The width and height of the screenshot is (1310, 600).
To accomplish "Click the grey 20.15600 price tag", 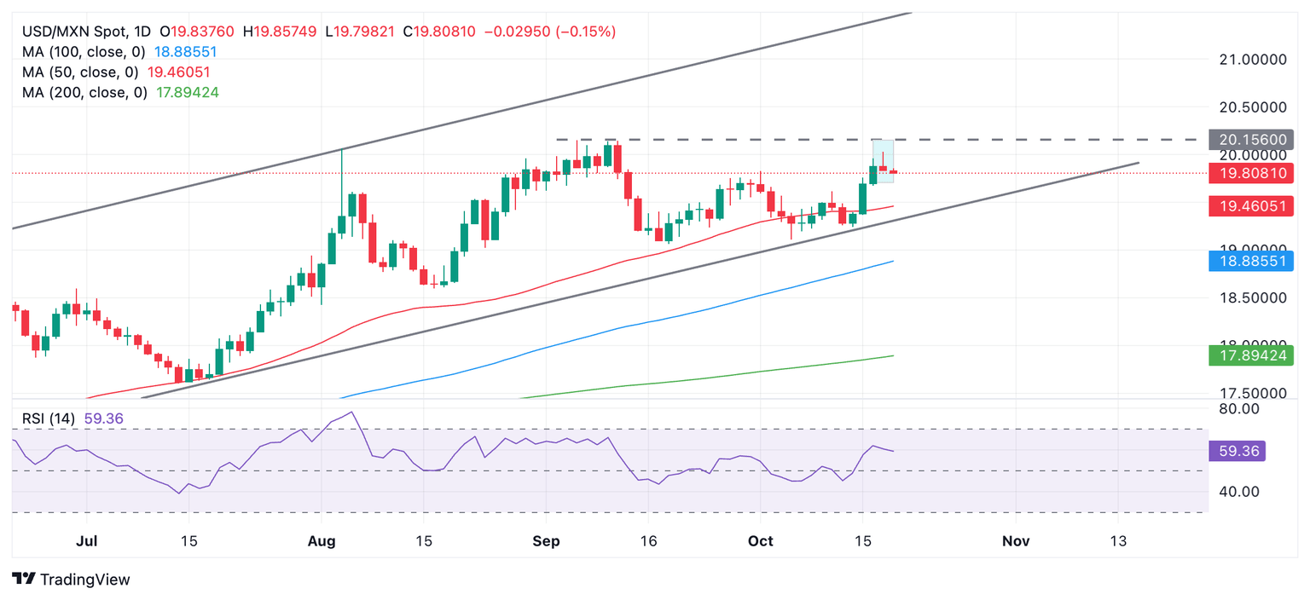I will pyautogui.click(x=1251, y=139).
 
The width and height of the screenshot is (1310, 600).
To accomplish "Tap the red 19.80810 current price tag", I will pyautogui.click(x=1251, y=173).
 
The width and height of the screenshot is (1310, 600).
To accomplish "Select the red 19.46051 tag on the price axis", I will pyautogui.click(x=1251, y=205).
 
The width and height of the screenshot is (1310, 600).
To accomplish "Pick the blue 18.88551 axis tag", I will pyautogui.click(x=1251, y=261).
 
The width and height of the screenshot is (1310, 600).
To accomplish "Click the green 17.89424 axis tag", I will pyautogui.click(x=1251, y=355).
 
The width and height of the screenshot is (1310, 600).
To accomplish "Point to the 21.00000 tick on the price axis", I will pyautogui.click(x=1253, y=60).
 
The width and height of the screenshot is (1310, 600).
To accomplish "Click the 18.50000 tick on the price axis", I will pyautogui.click(x=1253, y=298).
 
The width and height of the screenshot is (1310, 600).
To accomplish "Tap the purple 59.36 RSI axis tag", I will pyautogui.click(x=1237, y=451).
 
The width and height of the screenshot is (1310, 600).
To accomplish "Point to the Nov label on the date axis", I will pyautogui.click(x=1015, y=541).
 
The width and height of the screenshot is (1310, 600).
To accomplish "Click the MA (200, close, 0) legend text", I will pyautogui.click(x=84, y=92).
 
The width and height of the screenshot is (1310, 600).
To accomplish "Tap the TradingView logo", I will pyautogui.click(x=72, y=580).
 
